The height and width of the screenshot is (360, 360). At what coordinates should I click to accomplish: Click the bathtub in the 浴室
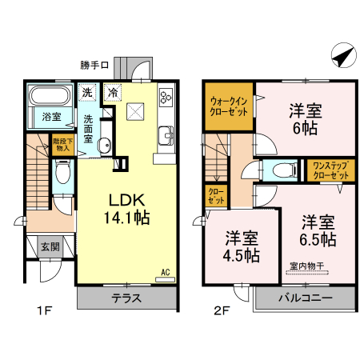50,99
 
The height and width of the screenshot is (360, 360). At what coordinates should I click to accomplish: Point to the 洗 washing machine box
88,92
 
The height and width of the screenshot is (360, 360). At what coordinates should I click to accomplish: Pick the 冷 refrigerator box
114,92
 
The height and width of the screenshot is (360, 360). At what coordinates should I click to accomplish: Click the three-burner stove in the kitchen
167,98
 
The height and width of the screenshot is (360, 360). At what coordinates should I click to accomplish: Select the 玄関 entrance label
50,246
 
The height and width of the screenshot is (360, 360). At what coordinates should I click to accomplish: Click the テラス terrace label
127,299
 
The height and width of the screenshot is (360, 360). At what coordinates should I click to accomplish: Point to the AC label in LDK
166,272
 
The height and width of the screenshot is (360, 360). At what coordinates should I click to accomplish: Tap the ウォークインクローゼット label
230,107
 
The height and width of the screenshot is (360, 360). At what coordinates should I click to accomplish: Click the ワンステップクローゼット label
330,170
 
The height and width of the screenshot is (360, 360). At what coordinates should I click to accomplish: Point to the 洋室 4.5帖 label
241,246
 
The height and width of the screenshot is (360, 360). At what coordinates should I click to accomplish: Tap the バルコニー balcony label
305,298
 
